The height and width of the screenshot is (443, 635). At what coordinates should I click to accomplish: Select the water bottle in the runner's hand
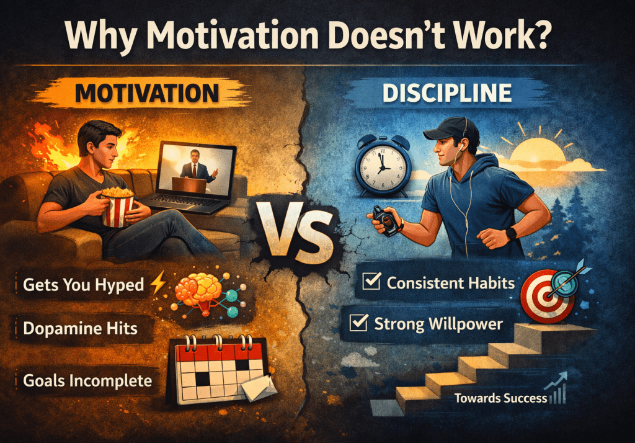386,219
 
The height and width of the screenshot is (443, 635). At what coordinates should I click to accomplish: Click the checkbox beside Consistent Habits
371,283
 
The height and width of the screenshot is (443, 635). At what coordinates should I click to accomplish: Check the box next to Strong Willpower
358,323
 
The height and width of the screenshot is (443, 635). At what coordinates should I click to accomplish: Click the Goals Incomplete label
87,379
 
